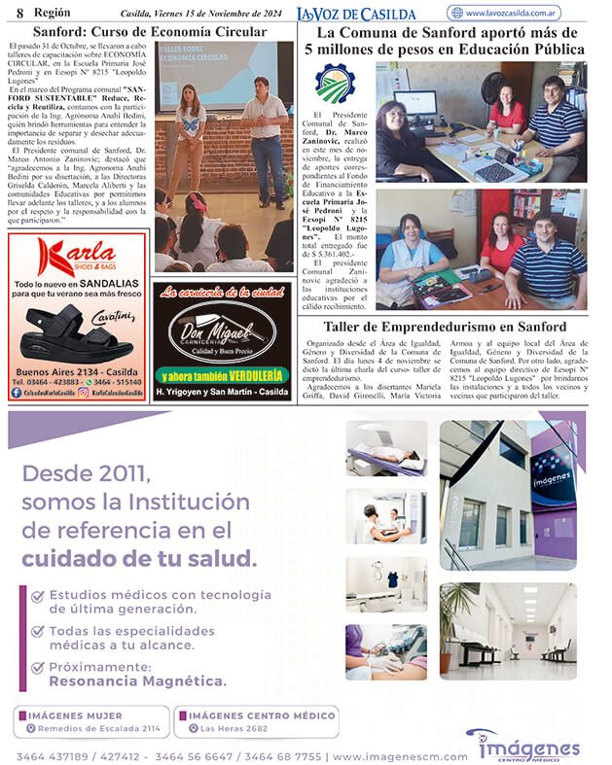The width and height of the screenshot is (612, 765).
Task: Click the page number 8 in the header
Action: (x=19, y=12)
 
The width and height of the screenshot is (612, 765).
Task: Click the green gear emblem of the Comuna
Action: (x=335, y=84)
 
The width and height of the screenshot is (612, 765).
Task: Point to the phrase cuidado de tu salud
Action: (x=139, y=559)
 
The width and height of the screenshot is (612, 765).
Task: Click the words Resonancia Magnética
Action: (x=137, y=681)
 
